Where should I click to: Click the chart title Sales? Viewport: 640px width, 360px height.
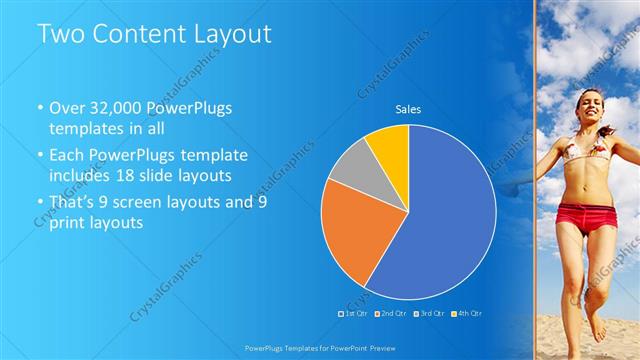[408, 108]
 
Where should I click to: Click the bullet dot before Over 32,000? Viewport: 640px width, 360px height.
[40, 108]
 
